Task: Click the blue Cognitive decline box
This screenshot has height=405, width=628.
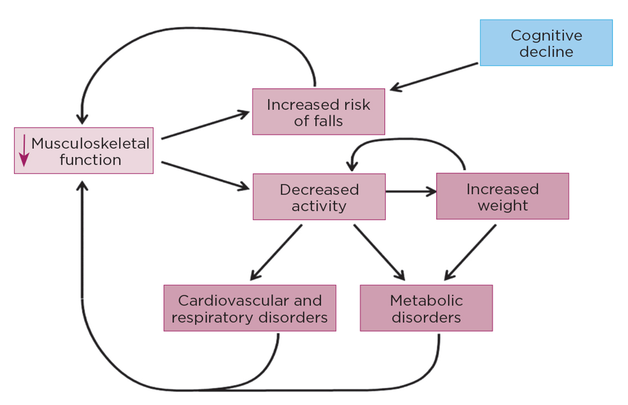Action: coord(546,42)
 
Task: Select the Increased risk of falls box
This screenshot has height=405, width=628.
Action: coord(318,112)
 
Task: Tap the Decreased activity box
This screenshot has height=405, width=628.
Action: coord(319,197)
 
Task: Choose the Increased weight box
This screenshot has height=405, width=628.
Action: coord(502,196)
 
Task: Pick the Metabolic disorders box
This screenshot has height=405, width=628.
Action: coord(426,308)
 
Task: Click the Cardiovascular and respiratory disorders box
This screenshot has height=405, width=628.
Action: coord(250,308)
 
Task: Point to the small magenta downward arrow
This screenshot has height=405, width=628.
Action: coord(24,151)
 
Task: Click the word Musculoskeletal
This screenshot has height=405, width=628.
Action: coord(90,144)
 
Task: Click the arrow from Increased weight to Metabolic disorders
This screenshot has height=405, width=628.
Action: coord(470,252)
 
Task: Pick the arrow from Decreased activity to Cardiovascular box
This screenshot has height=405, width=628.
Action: coord(276,252)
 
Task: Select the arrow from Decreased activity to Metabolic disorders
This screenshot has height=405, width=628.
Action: coord(379,252)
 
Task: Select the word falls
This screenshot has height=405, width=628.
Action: coord(328,121)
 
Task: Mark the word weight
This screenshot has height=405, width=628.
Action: coord(503,205)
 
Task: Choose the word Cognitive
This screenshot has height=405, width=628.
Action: coord(546,35)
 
